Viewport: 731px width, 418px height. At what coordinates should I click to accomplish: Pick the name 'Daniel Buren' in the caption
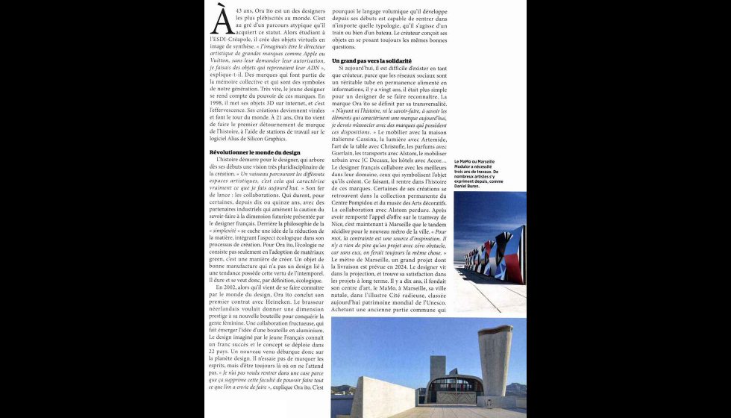coord(471,185)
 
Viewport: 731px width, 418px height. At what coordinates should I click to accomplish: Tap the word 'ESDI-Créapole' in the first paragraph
coord(231,38)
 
